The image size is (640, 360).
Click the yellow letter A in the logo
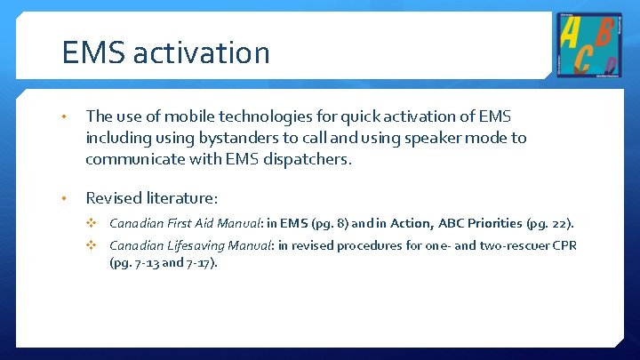570,33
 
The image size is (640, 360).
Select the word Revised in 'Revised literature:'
114,197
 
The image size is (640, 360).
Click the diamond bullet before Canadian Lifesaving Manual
90,245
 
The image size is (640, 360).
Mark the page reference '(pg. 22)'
552,223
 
